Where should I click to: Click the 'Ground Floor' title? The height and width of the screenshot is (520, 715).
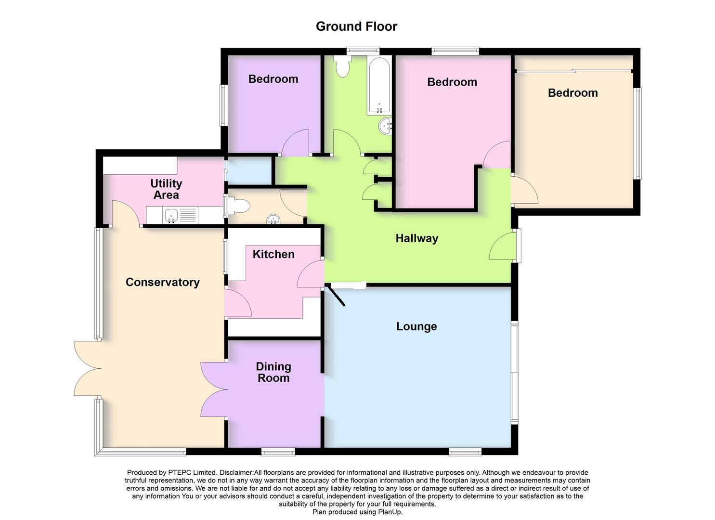click(356, 26)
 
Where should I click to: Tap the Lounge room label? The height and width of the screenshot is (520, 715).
click(416, 326)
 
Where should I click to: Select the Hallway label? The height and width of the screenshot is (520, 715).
click(416, 238)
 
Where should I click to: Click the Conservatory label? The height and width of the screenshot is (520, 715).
click(162, 282)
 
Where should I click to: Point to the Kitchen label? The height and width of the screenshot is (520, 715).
click(273, 254)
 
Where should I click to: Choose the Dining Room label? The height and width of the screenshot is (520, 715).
click(273, 372)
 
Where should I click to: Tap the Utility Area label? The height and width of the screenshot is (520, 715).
click(166, 189)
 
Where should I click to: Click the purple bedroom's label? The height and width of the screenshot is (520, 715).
click(273, 79)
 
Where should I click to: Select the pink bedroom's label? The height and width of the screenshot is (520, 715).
click(452, 82)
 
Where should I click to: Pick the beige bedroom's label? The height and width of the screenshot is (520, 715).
click(572, 93)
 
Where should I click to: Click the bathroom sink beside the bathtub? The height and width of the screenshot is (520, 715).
click(386, 126)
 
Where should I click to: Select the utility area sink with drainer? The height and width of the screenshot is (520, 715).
click(180, 215)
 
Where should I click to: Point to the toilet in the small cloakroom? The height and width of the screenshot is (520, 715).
click(239, 207)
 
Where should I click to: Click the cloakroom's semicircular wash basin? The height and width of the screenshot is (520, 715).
click(273, 220)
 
